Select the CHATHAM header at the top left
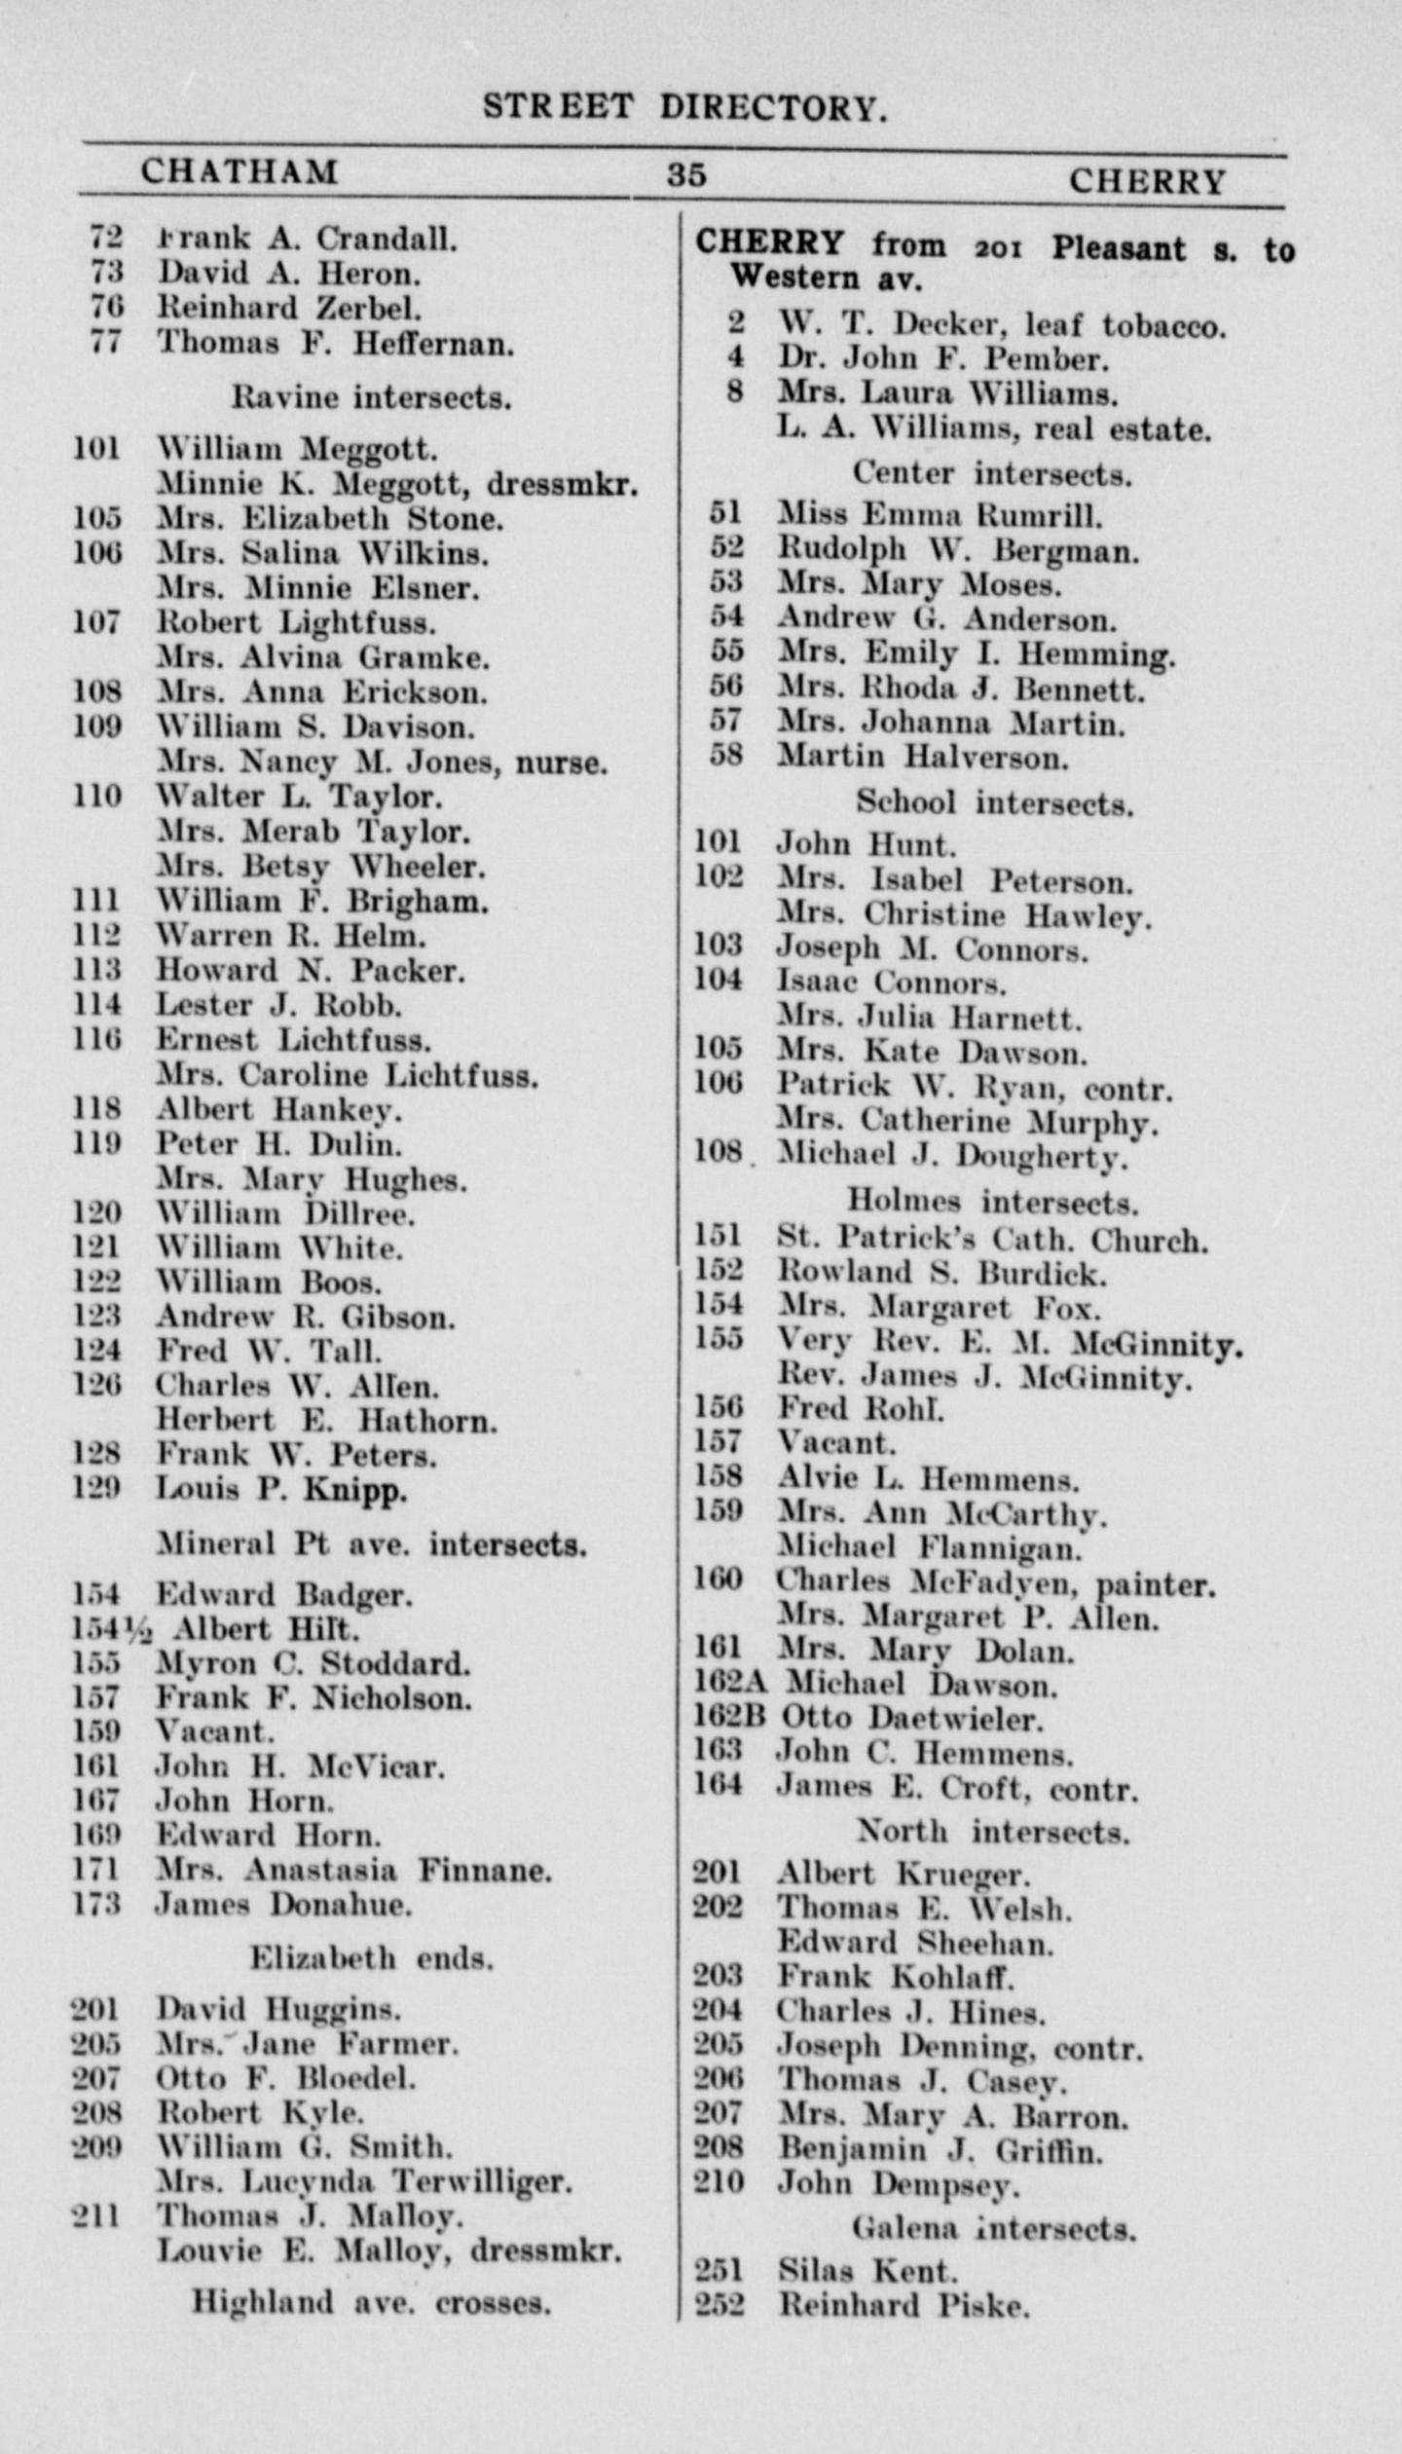[x=240, y=172]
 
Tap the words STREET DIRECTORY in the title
[x=685, y=106]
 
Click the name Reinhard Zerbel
[x=289, y=309]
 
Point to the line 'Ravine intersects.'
[x=371, y=397]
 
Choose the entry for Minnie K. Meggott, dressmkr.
[x=397, y=484]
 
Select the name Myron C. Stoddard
[x=314, y=1663]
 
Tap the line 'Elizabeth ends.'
[x=371, y=1958]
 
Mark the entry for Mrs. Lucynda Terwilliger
[x=363, y=2182]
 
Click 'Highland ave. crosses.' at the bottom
[x=371, y=2303]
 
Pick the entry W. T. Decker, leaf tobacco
[x=1002, y=325]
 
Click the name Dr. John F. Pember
[x=942, y=359]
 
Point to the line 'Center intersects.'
[x=992, y=474]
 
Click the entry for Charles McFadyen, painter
[x=996, y=1584]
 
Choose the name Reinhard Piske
[x=904, y=2306]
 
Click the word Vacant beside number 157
[x=835, y=1442]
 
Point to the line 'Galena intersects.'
[x=994, y=2228]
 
